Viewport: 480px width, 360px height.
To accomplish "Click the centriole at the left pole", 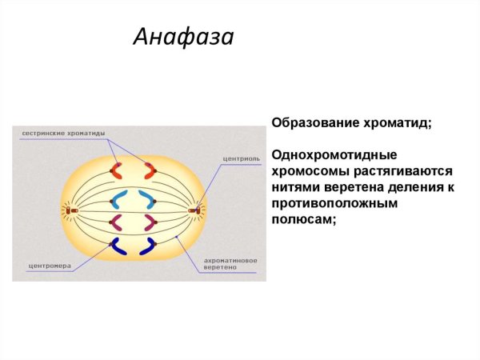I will (70, 210).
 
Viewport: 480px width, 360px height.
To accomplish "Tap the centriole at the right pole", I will (194, 210).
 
